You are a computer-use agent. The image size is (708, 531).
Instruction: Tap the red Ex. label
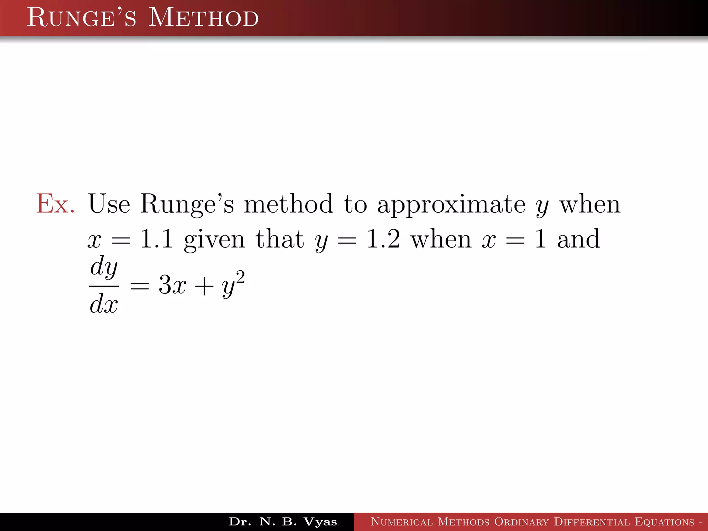55,204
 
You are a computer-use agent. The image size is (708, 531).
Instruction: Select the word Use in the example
109,204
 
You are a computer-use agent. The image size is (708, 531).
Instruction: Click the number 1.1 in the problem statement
156,239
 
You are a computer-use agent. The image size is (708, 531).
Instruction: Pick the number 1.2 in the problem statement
383,239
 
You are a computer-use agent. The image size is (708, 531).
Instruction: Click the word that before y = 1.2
279,239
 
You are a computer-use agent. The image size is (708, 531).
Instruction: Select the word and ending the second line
578,239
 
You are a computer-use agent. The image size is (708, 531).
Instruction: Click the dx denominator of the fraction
104,304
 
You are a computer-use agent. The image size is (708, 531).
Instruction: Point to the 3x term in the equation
172,286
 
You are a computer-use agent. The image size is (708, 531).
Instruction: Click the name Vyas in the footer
320,522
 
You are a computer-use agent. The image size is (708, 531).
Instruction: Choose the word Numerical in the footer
401,522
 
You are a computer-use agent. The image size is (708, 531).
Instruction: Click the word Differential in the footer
592,522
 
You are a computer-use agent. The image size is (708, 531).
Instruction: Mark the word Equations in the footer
664,522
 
